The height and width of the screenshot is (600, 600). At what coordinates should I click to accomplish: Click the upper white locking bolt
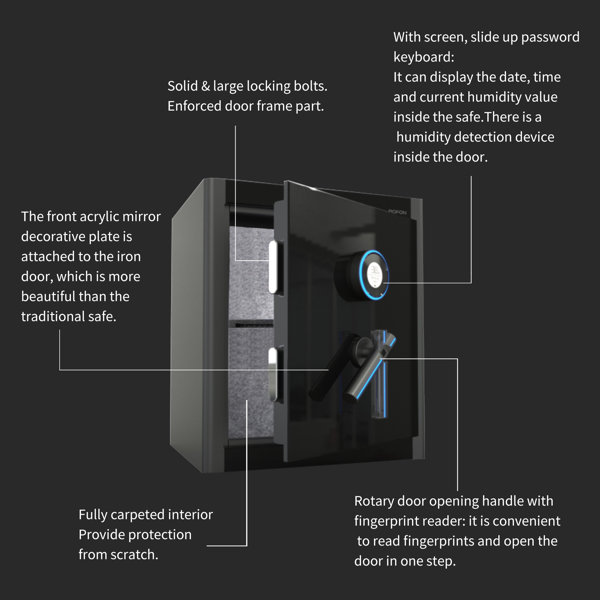click(x=274, y=266)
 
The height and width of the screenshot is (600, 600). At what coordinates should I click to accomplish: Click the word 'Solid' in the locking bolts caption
click(x=185, y=86)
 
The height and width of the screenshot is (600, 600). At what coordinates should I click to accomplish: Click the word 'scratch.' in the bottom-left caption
click(x=137, y=555)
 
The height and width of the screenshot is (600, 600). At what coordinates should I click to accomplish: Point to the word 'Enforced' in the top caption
click(x=196, y=106)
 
